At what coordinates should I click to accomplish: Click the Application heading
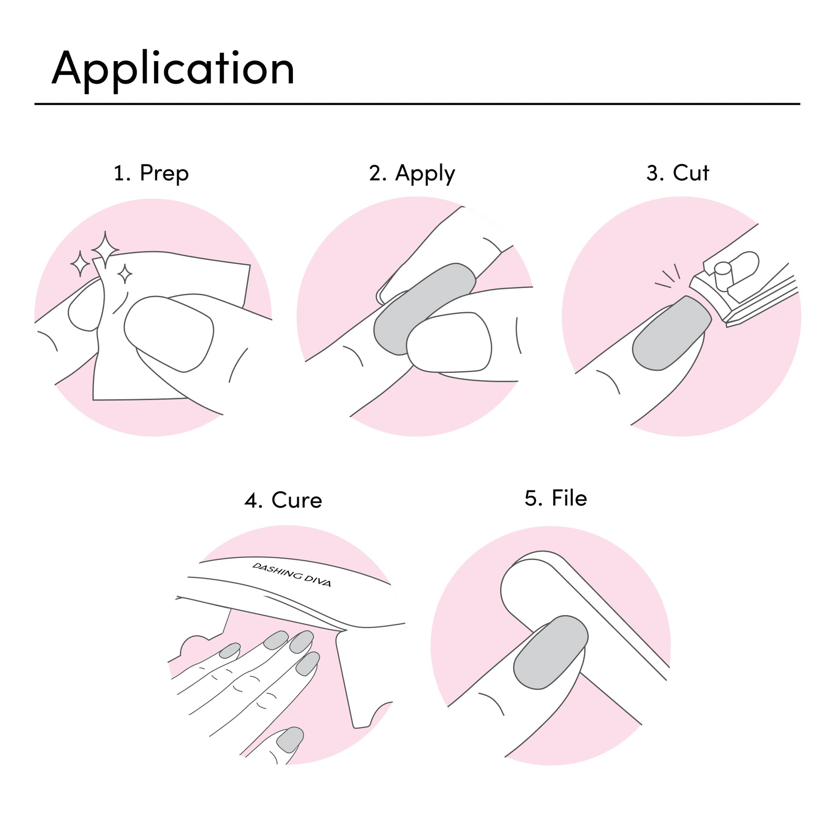(173, 69)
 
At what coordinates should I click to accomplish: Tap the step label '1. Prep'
(151, 173)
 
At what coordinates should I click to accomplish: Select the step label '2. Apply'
(412, 174)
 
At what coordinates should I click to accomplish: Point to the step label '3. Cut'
(677, 173)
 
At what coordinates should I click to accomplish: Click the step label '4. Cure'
(283, 500)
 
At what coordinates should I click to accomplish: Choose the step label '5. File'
(556, 498)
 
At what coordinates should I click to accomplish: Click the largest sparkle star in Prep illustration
(105, 249)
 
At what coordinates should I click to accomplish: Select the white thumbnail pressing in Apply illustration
(449, 342)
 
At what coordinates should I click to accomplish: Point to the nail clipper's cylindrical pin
(723, 276)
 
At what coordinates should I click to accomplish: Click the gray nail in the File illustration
(551, 652)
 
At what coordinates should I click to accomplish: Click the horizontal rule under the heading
(417, 104)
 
